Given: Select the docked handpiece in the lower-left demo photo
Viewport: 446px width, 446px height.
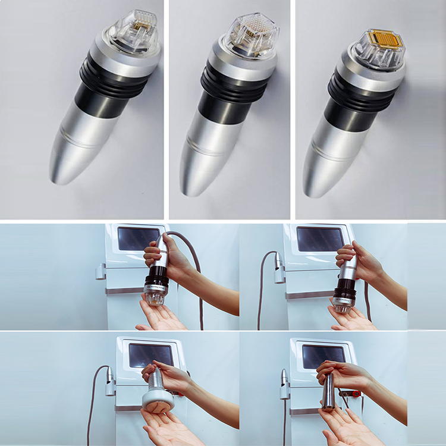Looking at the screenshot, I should [x=110, y=381].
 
